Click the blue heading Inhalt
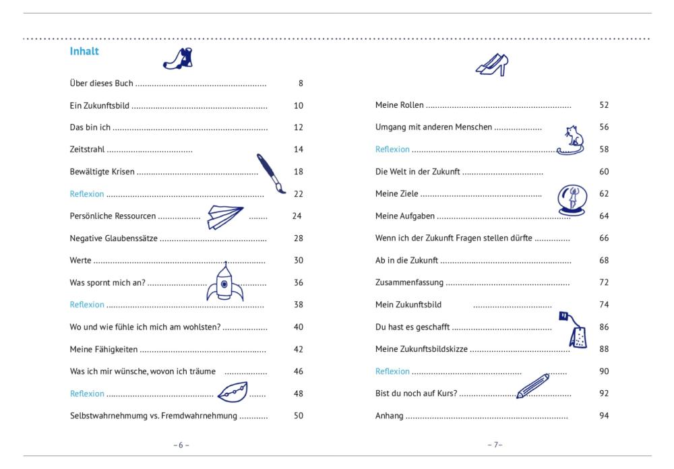coord(84,51)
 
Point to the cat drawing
coord(572,141)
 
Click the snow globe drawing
coord(572,200)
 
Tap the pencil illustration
coord(532,385)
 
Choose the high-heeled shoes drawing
coord(492,65)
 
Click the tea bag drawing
coord(574,330)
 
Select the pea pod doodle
coord(233,392)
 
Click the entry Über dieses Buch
coord(102,83)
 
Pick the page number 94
coord(604,416)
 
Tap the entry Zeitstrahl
coord(87,149)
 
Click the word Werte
coord(80,260)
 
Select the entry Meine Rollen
coord(399,105)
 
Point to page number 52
coord(604,105)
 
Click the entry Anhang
coord(390,416)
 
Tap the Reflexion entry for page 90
coord(392,371)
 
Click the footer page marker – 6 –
coord(181,445)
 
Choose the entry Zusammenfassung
coord(409,282)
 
